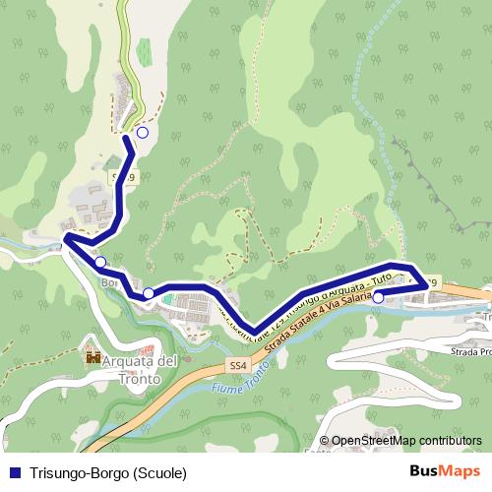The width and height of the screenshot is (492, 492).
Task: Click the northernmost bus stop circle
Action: [x=143, y=132]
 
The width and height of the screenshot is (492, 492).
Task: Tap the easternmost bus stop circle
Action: [x=379, y=296]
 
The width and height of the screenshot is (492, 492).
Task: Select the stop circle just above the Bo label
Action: [x=100, y=262]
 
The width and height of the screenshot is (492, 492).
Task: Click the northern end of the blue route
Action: [x=126, y=141]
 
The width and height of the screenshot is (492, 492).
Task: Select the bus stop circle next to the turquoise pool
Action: [x=149, y=293]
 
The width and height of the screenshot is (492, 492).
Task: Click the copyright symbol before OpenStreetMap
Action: [x=325, y=441]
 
